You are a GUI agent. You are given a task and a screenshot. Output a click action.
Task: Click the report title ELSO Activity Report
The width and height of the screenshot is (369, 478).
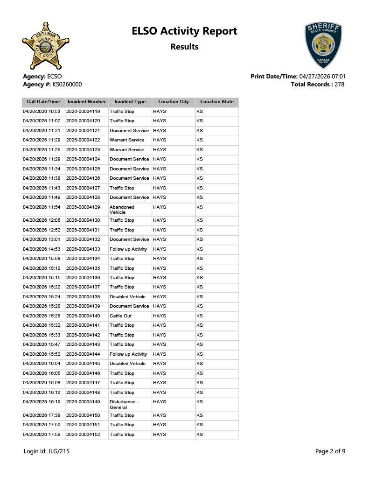click(184, 31)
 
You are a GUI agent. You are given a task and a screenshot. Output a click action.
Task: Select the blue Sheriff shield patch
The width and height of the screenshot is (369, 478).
click(323, 45)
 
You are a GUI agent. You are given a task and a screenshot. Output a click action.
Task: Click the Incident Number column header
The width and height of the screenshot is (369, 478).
click(87, 102)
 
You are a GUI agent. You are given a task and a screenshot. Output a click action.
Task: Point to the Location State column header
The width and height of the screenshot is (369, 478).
click(217, 102)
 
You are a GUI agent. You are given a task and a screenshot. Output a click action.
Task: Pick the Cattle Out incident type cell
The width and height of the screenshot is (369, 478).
click(120, 316)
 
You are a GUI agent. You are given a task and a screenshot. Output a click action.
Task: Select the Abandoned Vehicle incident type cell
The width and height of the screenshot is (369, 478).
click(122, 210)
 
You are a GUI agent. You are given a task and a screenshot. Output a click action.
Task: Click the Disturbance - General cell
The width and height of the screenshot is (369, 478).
click(124, 404)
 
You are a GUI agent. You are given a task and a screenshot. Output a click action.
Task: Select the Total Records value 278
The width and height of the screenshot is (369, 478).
click(340, 84)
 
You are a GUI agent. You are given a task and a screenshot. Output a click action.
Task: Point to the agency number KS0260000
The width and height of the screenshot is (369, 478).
click(64, 84)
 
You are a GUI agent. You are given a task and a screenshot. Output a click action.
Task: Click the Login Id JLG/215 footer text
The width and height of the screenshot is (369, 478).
click(47, 451)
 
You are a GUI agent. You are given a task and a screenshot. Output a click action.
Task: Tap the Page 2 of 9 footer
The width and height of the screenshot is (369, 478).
click(330, 451)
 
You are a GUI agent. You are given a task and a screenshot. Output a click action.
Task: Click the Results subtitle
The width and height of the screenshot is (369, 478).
click(184, 47)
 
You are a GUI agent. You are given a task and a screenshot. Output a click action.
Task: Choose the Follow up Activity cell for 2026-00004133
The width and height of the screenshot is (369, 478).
click(128, 249)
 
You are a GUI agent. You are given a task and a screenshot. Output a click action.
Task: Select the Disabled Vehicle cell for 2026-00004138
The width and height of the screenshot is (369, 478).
click(127, 297)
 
